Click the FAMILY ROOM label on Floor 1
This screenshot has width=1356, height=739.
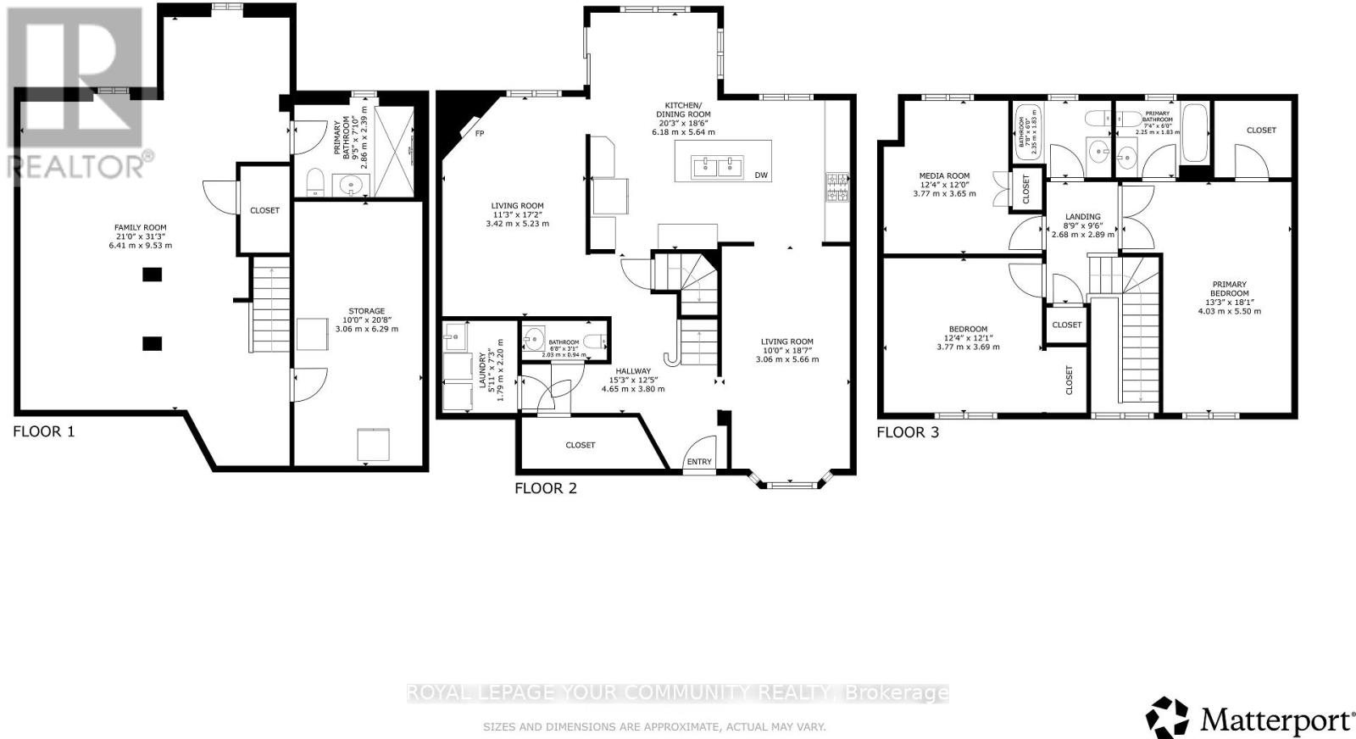[x=141, y=227]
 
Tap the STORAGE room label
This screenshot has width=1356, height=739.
[x=366, y=311]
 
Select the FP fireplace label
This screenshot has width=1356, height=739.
[x=479, y=134]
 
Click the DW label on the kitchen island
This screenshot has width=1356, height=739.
[x=761, y=175]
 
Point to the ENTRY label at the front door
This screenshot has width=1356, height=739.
[x=699, y=462]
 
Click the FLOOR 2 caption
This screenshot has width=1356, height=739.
[x=546, y=488]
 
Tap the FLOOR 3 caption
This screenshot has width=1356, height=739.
[x=907, y=432]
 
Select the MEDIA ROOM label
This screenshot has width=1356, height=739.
[x=944, y=176]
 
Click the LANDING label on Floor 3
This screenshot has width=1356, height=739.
[x=1082, y=217]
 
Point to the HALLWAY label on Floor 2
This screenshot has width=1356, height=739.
[x=632, y=371]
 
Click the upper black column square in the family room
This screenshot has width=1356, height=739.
[x=152, y=274]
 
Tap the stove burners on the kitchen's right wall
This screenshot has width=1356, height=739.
[x=836, y=188]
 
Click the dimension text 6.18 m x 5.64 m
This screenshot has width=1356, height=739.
[x=683, y=132]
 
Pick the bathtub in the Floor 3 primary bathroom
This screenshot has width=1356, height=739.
[x=1194, y=133]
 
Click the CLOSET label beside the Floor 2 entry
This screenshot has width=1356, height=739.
[x=581, y=445]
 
